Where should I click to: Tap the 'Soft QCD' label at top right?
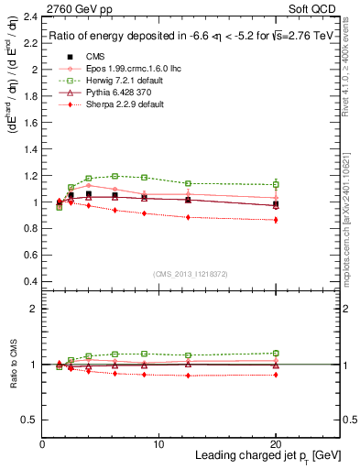[315, 9]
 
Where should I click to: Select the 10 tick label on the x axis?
[158, 444]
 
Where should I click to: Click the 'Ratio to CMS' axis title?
[11, 365]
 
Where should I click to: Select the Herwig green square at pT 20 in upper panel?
[276, 184]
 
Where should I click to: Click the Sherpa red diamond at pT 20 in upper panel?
[276, 220]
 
